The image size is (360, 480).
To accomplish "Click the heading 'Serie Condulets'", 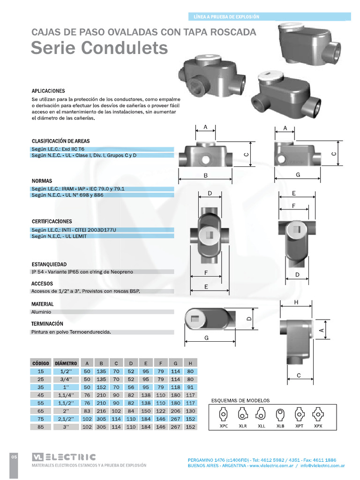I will [99, 48].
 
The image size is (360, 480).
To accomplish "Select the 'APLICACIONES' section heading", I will [48, 91].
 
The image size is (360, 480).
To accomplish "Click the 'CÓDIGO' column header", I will [41, 363].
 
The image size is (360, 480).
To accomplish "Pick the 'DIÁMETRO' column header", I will [66, 363].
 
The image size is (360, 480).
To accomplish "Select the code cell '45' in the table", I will [41, 395].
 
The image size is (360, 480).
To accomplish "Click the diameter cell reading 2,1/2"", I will [66, 419].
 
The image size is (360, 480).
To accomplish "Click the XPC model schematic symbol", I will [224, 415].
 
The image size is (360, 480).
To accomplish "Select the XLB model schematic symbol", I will [280, 415].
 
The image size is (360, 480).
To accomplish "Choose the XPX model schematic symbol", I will [318, 415].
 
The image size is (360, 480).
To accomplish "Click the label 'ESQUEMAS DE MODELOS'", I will [241, 401].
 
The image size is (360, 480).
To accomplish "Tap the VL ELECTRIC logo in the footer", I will [64, 457].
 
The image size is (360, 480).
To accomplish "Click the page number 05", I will [14, 457].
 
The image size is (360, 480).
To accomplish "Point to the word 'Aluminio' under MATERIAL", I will [41, 311].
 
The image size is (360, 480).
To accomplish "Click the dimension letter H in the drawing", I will [296, 303].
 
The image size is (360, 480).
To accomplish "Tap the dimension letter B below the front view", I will [205, 175].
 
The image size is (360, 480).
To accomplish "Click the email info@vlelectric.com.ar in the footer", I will [322, 466].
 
